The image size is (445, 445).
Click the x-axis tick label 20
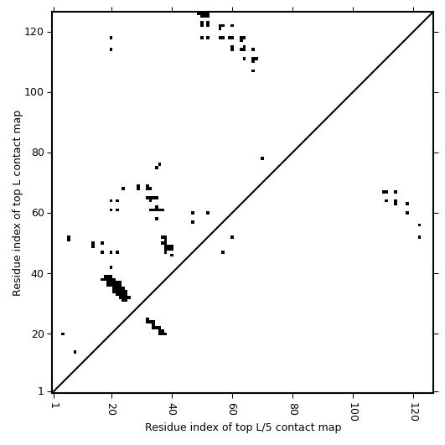pos(111,408)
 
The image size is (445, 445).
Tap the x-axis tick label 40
pos(173,408)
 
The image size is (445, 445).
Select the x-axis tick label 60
pos(233,408)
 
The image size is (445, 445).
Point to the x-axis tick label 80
pos(293,408)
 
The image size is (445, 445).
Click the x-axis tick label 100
pos(354,411)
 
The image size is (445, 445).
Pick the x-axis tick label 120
pos(414,411)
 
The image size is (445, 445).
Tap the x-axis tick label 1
pos(54,406)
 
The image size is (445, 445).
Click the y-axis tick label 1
pos(41,391)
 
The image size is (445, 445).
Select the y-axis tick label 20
pos(38,334)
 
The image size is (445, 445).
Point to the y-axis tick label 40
pos(38,273)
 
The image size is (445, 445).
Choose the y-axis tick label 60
pos(38,213)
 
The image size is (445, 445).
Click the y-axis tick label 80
pos(38,153)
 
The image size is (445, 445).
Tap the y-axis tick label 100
pos(34,92)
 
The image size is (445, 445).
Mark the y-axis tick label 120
pos(34,32)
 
